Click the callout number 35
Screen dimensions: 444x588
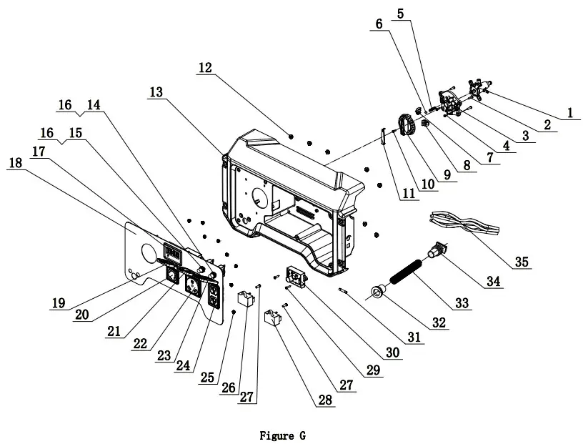tap(522, 262)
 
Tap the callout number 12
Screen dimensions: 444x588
tap(205, 68)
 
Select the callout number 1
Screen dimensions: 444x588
tap(570, 112)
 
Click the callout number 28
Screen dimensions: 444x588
tap(325, 400)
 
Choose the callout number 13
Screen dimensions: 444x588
tap(156, 92)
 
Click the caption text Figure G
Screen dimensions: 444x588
tap(284, 435)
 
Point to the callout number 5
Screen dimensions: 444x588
tap(399, 13)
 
